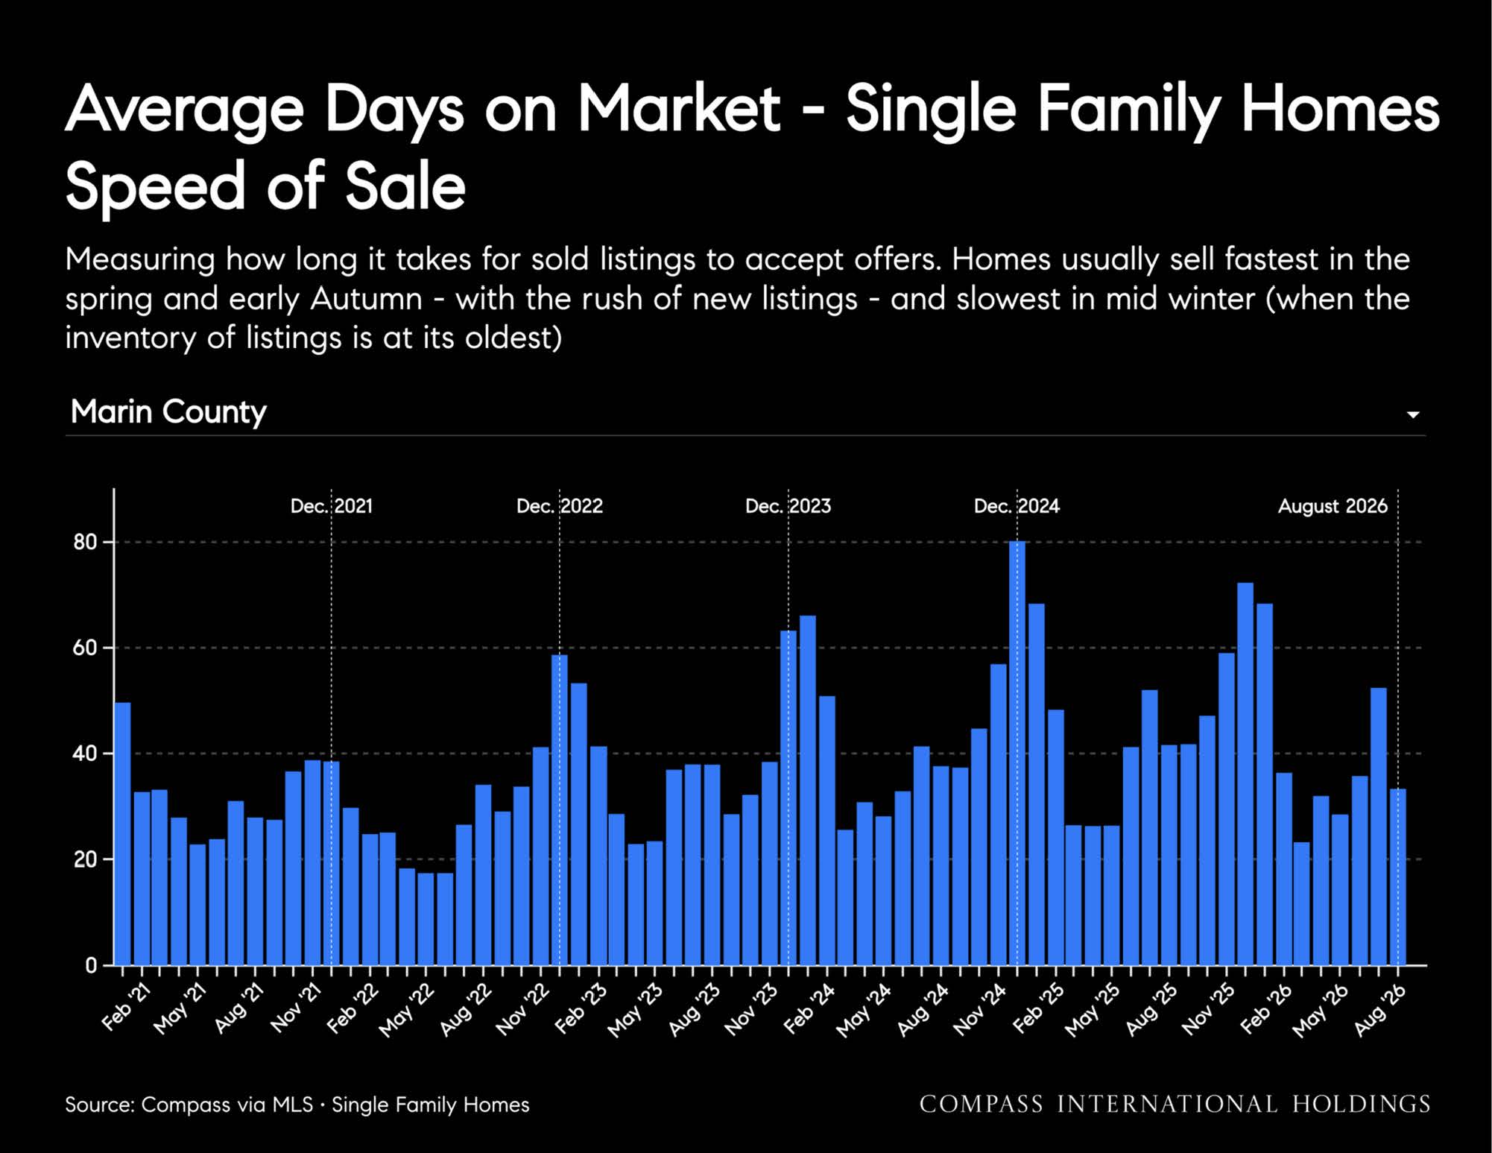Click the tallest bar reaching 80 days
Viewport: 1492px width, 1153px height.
coord(1017,753)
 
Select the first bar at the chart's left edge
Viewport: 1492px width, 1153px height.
coord(122,833)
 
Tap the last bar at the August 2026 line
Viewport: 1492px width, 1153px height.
coord(1397,876)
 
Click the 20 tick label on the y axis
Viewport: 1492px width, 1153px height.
coord(86,859)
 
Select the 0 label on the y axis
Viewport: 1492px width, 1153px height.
coord(91,966)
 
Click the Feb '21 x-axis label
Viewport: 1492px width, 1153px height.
coord(126,1007)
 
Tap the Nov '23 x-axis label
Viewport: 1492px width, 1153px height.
coord(751,1009)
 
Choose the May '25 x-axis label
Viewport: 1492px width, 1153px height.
coord(1093,1010)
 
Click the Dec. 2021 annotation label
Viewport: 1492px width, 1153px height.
coord(332,506)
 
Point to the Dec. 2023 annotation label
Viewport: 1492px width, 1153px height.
coord(788,506)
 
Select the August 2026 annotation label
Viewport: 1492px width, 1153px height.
coord(1333,507)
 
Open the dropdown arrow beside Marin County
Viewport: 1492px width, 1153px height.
coord(1412,414)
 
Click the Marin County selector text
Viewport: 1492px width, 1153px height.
coord(168,412)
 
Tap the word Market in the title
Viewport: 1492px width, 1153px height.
coord(680,109)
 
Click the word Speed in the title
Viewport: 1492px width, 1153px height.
coord(154,186)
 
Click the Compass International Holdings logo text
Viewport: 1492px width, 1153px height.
coord(1175,1104)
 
